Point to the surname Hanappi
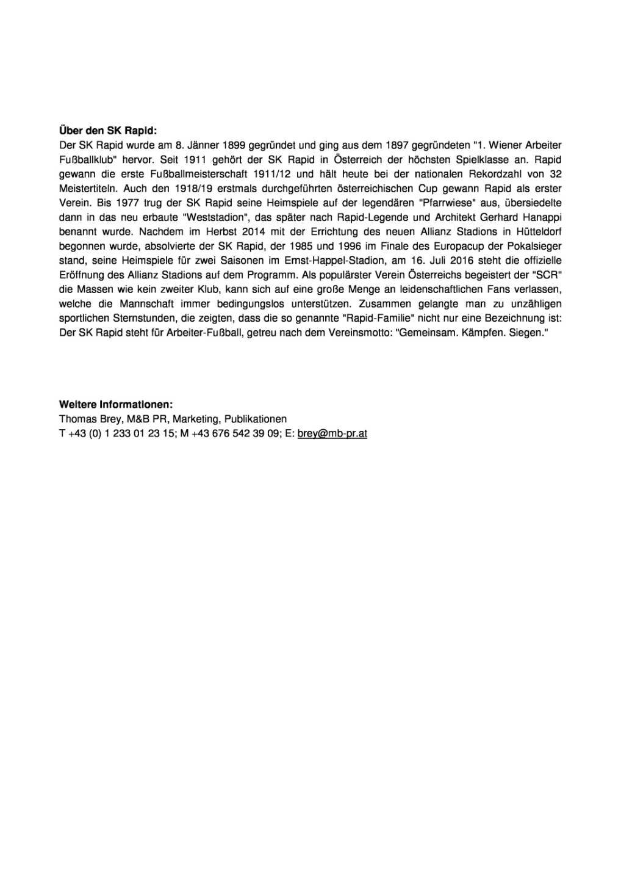click(x=542, y=217)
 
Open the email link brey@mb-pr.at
click(x=332, y=433)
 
